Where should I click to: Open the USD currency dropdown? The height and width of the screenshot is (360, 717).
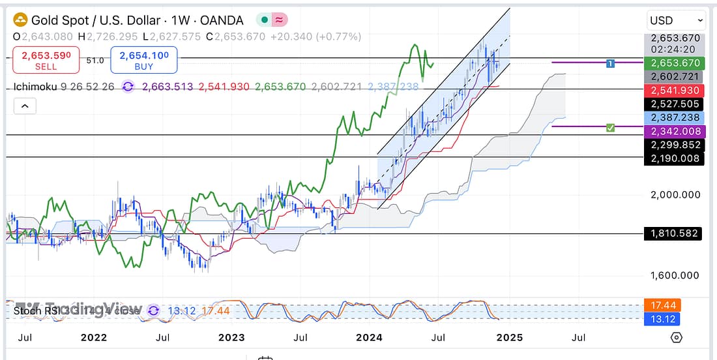point(677,20)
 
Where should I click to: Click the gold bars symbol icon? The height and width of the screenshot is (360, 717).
point(20,20)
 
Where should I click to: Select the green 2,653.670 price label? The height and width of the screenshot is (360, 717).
point(675,63)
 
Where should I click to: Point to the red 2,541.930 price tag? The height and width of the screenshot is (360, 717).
point(675,91)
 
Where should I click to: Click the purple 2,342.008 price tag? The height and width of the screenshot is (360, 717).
point(675,132)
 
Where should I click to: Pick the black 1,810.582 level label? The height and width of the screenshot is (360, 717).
point(675,233)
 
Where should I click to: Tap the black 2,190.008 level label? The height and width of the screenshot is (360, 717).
point(675,158)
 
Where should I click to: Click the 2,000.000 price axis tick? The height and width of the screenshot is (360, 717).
point(675,194)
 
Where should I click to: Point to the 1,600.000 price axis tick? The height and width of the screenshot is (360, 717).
point(675,275)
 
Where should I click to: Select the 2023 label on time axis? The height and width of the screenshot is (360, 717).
point(231,337)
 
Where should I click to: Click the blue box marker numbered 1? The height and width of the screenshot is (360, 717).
point(610,63)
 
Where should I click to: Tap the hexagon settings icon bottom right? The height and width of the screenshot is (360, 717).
point(677,337)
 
